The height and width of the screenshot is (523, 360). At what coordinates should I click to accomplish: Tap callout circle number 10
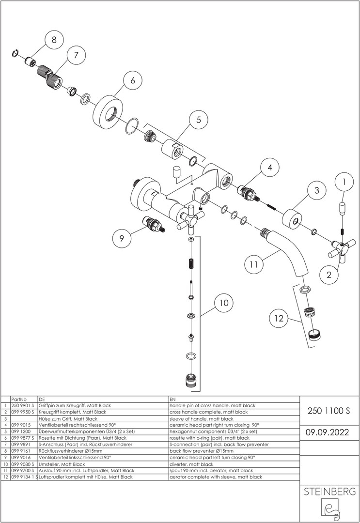pyautogui.click(x=224, y=303)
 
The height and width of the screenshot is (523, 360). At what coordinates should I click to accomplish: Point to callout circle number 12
pyautogui.click(x=279, y=318)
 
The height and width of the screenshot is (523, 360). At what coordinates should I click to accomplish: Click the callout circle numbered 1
pyautogui.click(x=344, y=182)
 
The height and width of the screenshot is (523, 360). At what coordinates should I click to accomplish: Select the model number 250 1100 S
pyautogui.click(x=329, y=411)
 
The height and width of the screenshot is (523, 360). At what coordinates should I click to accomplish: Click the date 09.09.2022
pyautogui.click(x=328, y=432)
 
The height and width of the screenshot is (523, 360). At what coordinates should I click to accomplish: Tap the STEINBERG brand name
pyautogui.click(x=329, y=492)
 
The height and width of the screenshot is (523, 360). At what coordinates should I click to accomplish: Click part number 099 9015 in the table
pyautogui.click(x=21, y=425)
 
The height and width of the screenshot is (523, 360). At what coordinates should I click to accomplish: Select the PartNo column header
pyautogui.click(x=19, y=399)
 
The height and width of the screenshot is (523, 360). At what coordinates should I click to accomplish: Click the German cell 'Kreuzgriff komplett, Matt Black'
pyautogui.click(x=72, y=412)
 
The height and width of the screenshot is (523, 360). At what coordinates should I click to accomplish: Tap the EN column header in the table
pyautogui.click(x=172, y=399)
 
